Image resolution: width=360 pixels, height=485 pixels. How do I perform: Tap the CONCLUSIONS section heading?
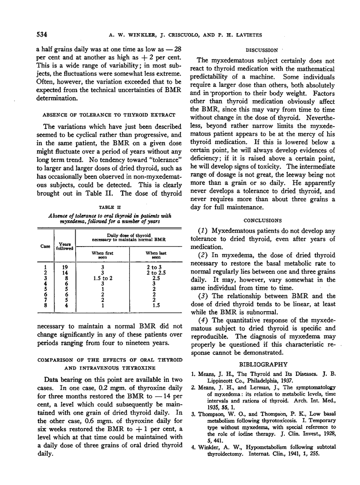(x=263, y=221)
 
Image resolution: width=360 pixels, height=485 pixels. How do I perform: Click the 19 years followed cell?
(x=66, y=267)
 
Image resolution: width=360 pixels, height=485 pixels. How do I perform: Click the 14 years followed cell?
(x=66, y=273)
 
